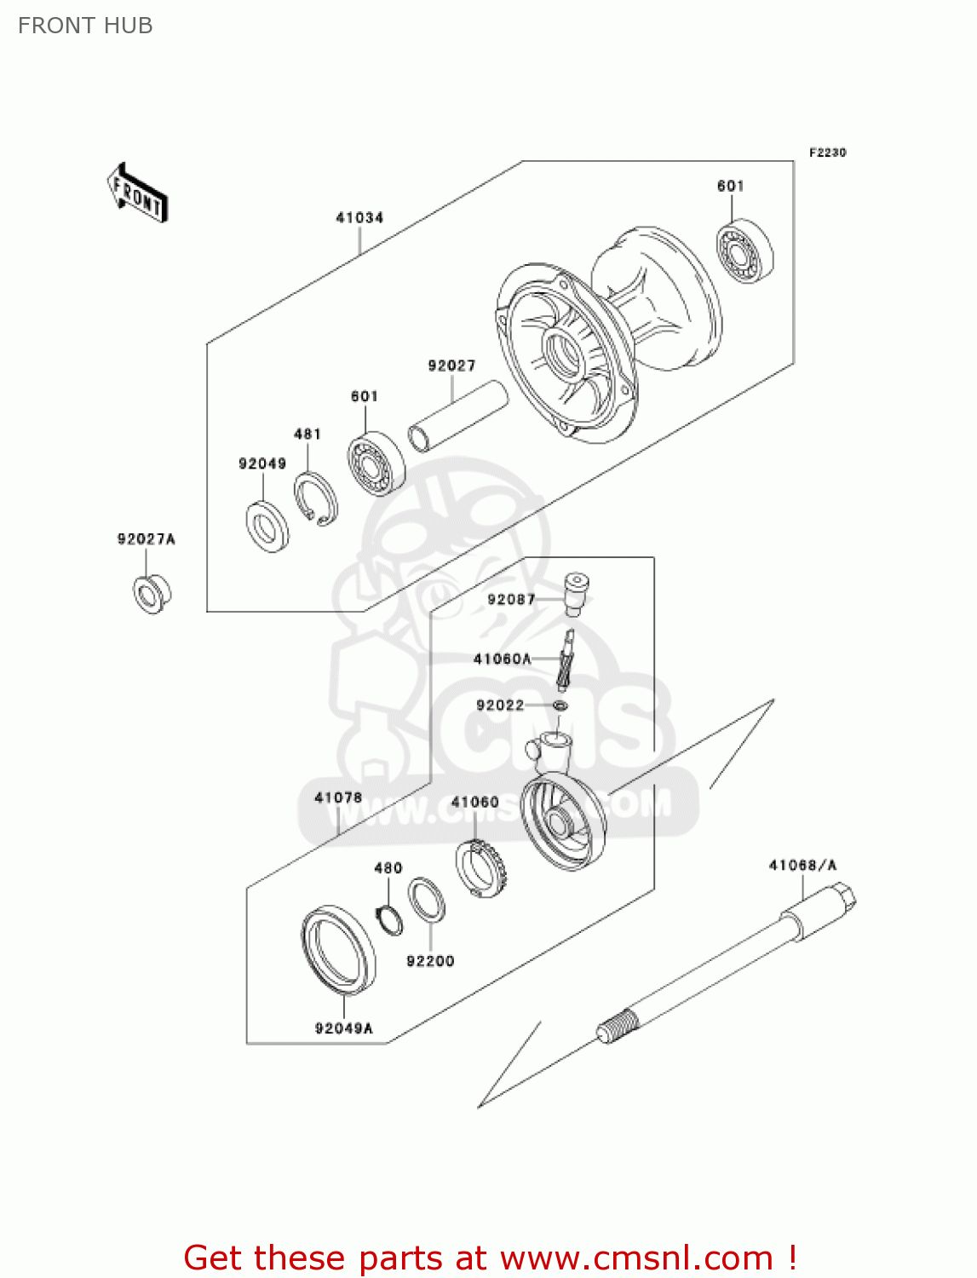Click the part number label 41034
point(359,218)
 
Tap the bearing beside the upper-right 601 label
point(745,251)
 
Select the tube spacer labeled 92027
point(457,417)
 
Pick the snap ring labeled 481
point(316,498)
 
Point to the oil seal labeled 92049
point(267,527)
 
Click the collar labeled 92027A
point(152,594)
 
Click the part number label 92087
point(511,600)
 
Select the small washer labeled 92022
point(560,705)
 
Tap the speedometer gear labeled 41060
point(482,868)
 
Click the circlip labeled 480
point(389,920)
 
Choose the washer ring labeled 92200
point(426,901)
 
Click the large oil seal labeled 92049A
point(339,949)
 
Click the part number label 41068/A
point(802,866)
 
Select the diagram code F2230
point(827,153)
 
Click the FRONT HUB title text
point(85,26)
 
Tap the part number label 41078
point(338,798)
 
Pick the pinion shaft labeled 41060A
point(566,659)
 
